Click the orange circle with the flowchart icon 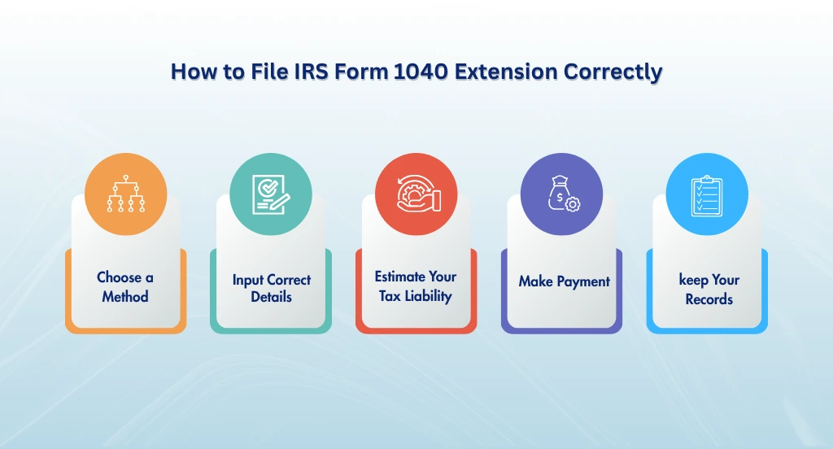(125, 195)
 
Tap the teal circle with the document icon (271, 195)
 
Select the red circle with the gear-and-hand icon (416, 195)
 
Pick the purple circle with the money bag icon (561, 195)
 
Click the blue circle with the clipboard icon (706, 195)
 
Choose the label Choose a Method (125, 287)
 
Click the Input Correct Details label (271, 288)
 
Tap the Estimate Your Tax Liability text (416, 286)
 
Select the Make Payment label (564, 281)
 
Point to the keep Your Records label (709, 289)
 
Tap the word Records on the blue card (709, 299)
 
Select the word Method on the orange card (125, 297)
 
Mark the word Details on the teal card (271, 298)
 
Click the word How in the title (193, 72)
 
